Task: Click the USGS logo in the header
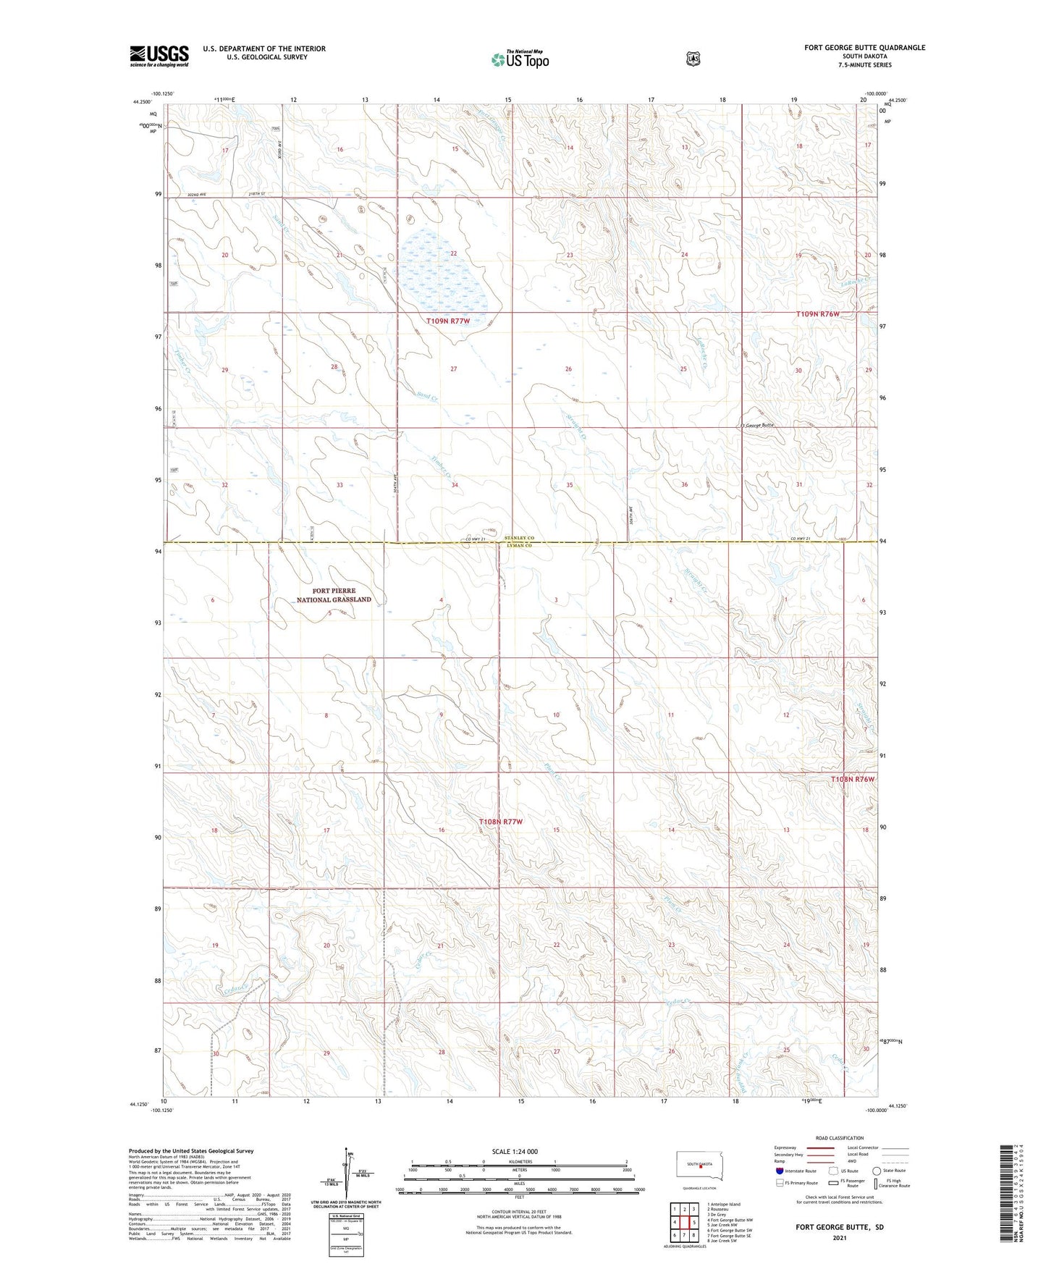pos(159,56)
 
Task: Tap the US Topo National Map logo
pos(520,59)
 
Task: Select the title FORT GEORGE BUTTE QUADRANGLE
pos(864,48)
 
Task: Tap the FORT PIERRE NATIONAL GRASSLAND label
pos(334,595)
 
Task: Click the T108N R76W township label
pos(853,779)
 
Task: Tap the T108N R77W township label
pos(500,822)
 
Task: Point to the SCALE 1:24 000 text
pos(515,1151)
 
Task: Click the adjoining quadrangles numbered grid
pos(683,1222)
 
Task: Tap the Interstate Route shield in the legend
pos(779,1170)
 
